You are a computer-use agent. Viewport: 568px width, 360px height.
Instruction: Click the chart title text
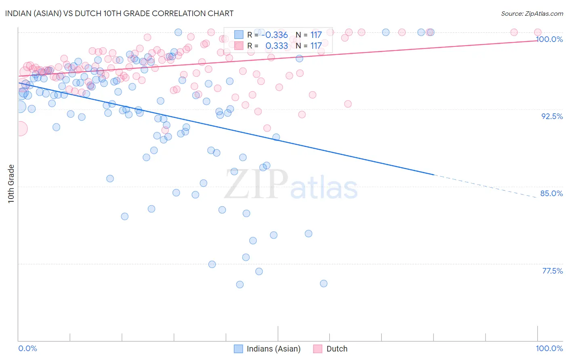point(119,14)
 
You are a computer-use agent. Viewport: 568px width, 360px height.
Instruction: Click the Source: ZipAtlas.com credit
point(532,14)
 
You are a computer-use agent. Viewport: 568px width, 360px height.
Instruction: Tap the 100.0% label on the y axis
point(549,39)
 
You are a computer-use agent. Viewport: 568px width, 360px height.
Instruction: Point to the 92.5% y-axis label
point(552,116)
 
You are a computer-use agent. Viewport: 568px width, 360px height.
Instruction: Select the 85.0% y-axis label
point(551,193)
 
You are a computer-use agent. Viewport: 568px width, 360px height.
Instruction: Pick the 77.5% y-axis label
point(552,271)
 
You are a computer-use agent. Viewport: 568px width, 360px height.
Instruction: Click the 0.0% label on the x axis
point(27,348)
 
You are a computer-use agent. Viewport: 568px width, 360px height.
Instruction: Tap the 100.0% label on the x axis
point(549,348)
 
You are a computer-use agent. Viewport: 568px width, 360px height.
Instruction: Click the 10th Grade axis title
point(11,184)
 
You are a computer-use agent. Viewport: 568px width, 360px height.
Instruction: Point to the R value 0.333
point(276,46)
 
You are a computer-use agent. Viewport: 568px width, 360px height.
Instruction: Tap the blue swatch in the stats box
point(239,35)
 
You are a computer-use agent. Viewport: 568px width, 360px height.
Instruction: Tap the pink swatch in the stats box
point(239,46)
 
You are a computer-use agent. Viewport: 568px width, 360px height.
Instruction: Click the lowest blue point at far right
point(324,283)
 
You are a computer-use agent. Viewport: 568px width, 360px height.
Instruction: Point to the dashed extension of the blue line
point(485,186)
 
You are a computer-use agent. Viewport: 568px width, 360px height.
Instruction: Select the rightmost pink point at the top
point(538,32)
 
